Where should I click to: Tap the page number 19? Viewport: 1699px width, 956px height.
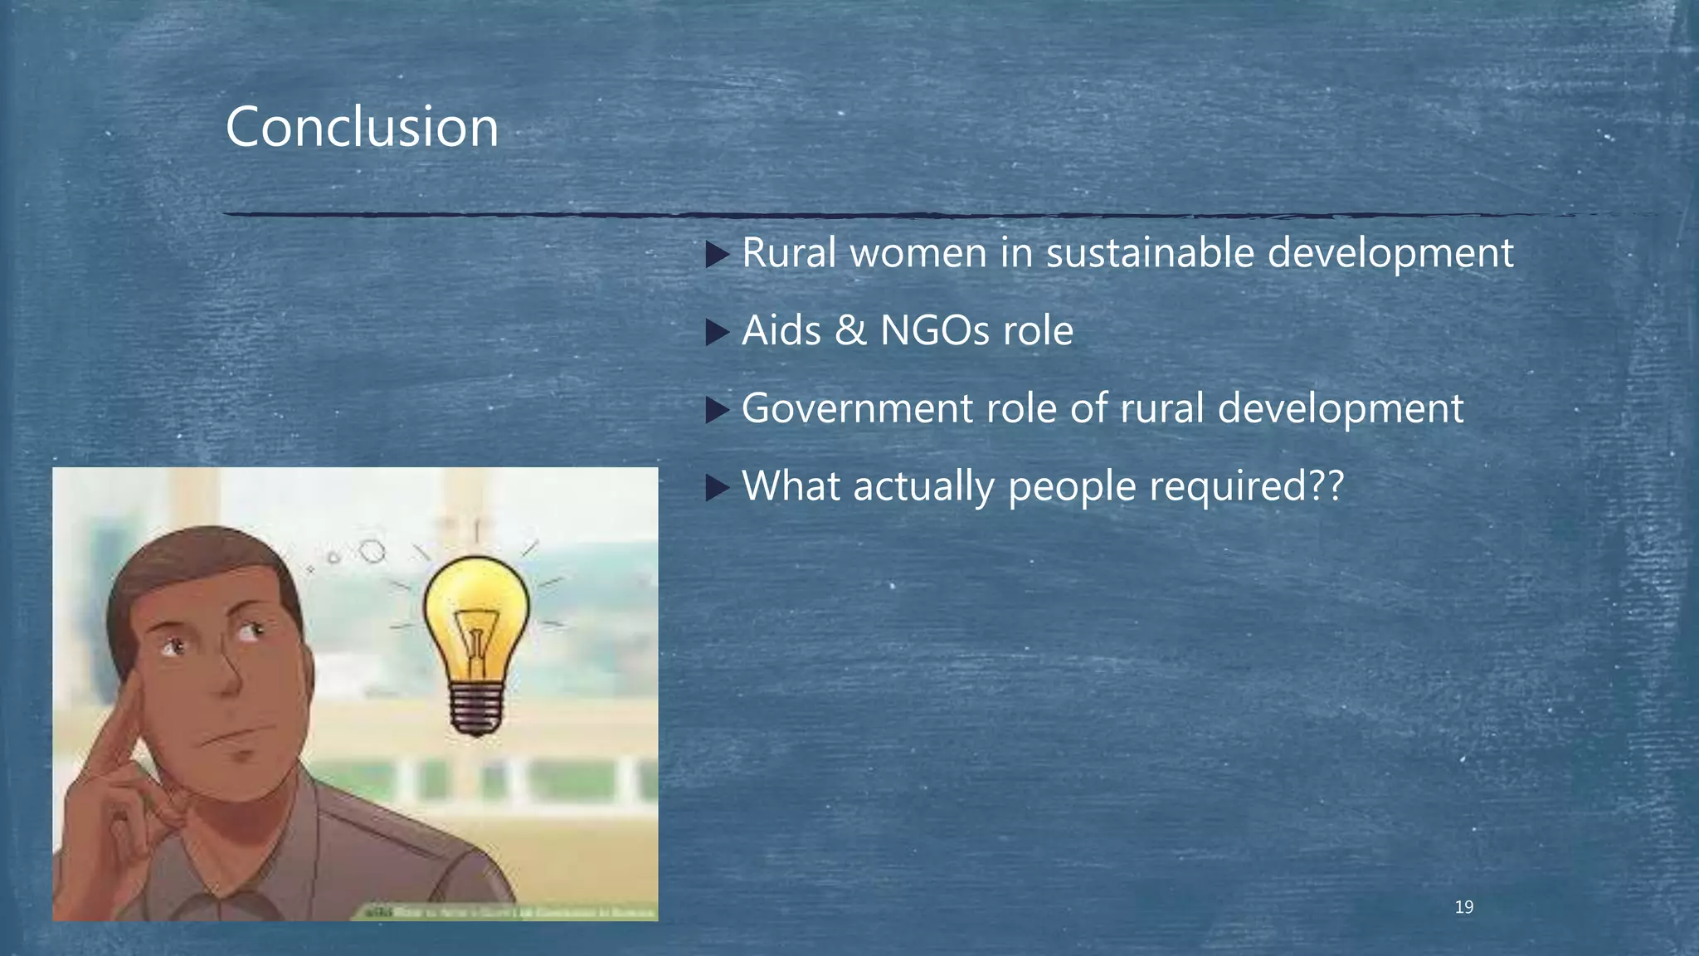click(1464, 907)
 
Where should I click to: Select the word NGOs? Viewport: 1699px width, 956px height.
click(935, 330)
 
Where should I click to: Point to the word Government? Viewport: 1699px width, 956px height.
click(857, 408)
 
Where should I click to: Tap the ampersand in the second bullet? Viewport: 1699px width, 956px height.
click(850, 330)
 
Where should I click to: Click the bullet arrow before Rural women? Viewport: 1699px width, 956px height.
click(717, 255)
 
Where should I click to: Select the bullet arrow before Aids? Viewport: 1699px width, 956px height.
click(717, 333)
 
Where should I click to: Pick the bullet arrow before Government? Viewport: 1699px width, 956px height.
click(717, 410)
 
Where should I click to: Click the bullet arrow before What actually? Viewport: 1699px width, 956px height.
click(717, 488)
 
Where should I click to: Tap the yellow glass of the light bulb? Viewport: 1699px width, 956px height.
click(476, 614)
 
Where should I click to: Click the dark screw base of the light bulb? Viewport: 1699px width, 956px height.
click(476, 710)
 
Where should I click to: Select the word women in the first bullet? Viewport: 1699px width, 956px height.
click(918, 252)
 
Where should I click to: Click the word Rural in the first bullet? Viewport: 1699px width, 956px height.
click(789, 252)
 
